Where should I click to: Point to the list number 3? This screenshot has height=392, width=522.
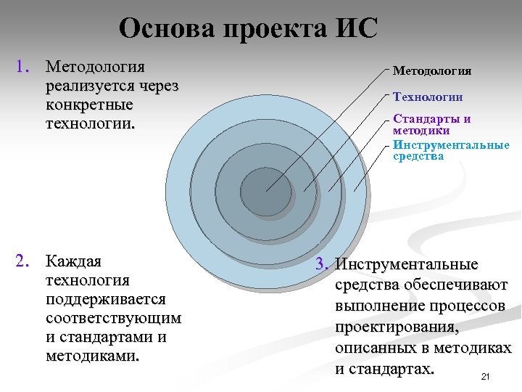[323, 264]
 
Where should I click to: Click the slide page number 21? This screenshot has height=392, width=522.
[485, 376]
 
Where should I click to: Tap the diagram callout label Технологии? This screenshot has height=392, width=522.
[427, 97]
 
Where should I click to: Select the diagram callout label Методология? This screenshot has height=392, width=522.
[431, 70]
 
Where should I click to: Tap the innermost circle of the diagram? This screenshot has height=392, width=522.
[266, 192]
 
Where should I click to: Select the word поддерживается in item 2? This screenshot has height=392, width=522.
[105, 299]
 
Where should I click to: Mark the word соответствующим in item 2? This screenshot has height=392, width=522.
[113, 318]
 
